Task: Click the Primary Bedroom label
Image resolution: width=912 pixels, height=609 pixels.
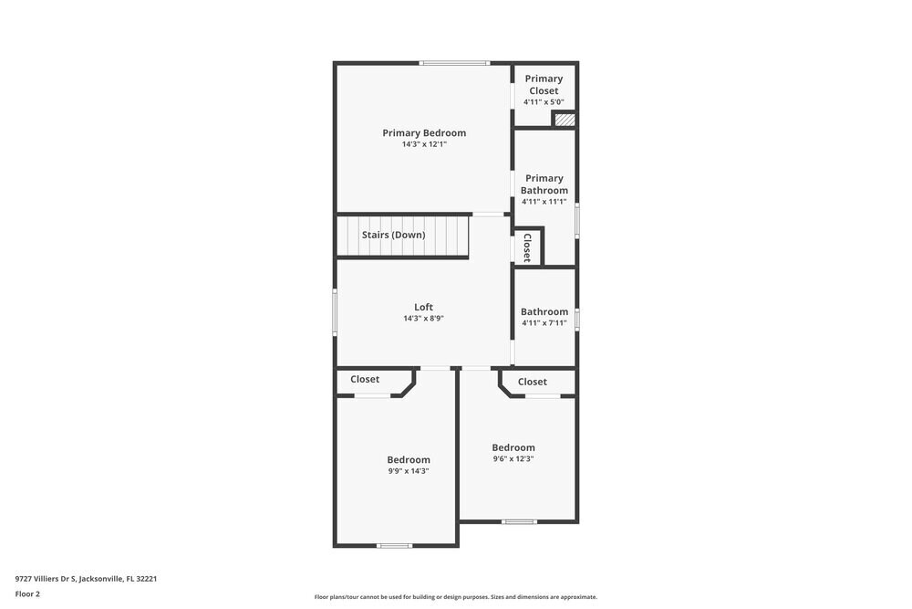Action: (424, 132)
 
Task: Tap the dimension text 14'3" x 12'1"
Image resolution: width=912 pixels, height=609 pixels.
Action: (424, 144)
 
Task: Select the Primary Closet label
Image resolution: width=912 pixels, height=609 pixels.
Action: (544, 84)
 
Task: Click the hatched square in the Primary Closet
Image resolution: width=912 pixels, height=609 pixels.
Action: (565, 120)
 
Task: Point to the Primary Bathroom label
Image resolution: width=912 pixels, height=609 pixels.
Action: (544, 184)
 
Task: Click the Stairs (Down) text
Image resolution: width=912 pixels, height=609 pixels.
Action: (393, 235)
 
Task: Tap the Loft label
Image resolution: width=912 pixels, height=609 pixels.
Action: (423, 307)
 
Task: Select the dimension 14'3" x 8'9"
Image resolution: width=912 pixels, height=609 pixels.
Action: (423, 319)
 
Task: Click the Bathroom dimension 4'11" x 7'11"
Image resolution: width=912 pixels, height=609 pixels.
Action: (544, 323)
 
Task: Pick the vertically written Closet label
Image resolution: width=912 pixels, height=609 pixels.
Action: (527, 247)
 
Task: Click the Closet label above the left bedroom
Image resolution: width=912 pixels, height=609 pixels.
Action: (365, 379)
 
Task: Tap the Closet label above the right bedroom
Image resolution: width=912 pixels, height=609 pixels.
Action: (533, 382)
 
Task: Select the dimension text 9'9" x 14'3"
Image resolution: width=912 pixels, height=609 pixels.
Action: (408, 471)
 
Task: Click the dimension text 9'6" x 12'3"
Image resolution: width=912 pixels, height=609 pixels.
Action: (513, 459)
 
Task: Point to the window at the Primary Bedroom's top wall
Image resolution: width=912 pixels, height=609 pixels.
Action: (454, 63)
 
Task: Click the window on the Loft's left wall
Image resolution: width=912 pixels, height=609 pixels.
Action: (335, 311)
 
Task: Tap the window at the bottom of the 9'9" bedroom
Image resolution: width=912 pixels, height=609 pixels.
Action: (394, 546)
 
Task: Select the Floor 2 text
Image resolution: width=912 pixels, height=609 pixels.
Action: (27, 593)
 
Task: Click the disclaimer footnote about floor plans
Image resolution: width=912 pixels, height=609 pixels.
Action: (456, 597)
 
